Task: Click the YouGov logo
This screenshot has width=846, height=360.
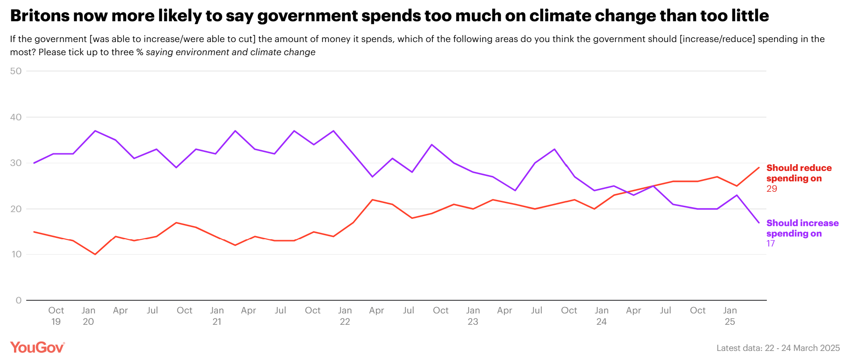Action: pos(38,347)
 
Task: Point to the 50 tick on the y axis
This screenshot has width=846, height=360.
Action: pos(16,71)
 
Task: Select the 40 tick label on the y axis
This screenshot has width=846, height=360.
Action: pos(16,117)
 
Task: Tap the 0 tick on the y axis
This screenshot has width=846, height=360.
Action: pos(19,300)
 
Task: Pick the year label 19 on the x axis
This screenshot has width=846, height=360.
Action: pos(56,322)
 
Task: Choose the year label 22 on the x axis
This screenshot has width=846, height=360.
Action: pos(345,322)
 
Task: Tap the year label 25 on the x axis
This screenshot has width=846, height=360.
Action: pos(730,322)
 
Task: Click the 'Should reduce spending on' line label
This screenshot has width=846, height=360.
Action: pos(799,173)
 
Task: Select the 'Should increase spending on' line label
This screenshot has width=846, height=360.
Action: pos(802,228)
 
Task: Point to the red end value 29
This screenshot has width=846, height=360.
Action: pos(772,189)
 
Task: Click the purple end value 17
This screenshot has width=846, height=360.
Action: pos(770,244)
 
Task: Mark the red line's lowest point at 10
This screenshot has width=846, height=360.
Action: pos(95,254)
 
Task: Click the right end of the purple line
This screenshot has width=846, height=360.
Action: pos(759,223)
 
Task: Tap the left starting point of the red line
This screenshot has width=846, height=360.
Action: pos(34,232)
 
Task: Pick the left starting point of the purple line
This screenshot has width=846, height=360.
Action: pos(34,163)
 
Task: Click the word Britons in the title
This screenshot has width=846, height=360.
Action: pos(39,16)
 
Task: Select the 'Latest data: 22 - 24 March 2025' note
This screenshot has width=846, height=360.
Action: pos(778,348)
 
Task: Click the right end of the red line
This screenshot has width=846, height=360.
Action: pos(759,168)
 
